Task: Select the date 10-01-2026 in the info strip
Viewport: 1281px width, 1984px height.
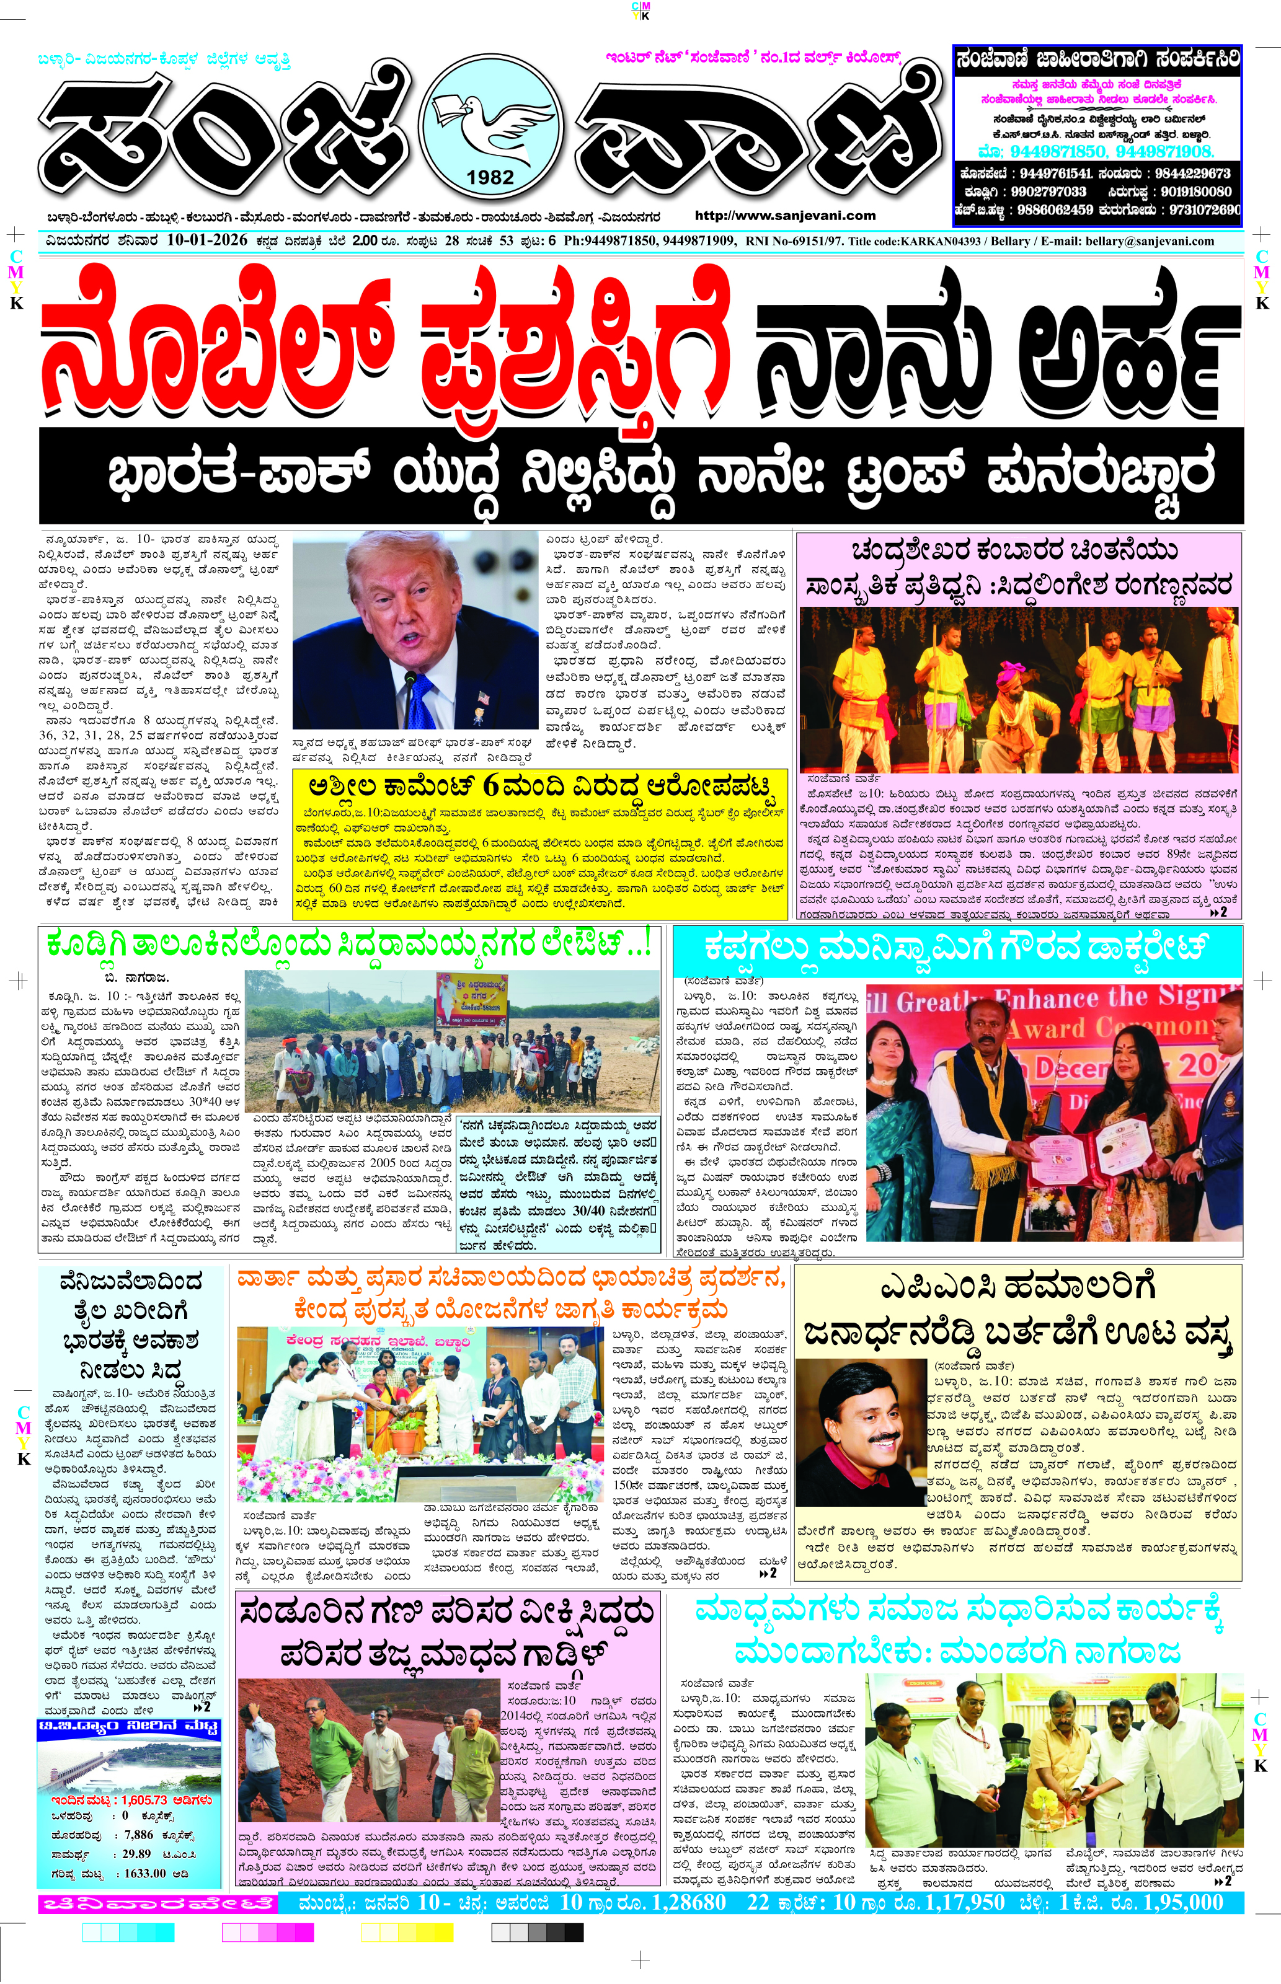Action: [x=206, y=240]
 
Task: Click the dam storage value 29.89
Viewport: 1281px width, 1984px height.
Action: [x=136, y=1853]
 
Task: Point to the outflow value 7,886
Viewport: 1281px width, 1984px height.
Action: [x=139, y=1835]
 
